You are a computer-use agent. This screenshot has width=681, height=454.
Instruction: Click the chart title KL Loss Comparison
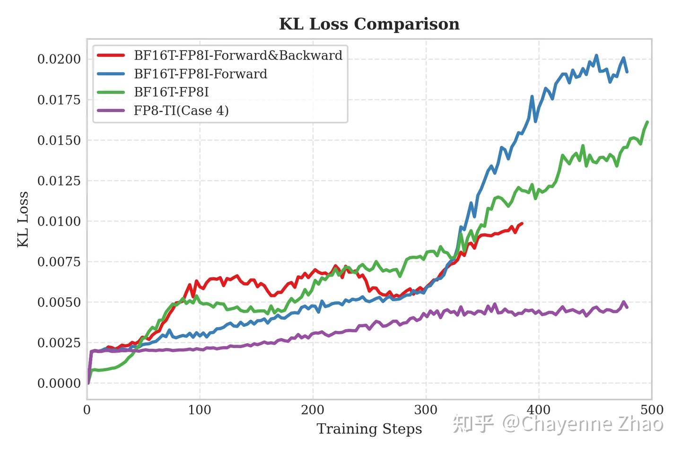click(369, 24)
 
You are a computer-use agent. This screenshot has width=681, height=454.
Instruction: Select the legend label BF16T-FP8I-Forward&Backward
click(238, 55)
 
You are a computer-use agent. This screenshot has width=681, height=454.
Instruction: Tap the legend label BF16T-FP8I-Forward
click(201, 74)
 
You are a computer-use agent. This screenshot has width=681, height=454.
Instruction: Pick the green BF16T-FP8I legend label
click(171, 92)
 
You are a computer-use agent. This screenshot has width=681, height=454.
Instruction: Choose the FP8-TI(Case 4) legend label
click(181, 111)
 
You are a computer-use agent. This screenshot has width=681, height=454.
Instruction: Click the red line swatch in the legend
click(111, 55)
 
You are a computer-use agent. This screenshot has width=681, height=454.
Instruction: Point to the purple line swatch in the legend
click(111, 111)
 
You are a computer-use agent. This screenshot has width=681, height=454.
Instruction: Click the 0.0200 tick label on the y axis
click(59, 59)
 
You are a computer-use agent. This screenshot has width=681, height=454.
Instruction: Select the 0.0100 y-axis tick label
click(59, 221)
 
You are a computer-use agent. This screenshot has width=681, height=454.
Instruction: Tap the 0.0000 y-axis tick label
click(59, 383)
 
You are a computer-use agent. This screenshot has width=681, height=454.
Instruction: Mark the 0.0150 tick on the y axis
click(59, 140)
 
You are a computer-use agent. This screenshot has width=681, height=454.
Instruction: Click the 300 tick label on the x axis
click(426, 410)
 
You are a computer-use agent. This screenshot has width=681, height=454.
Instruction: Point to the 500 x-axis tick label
click(652, 410)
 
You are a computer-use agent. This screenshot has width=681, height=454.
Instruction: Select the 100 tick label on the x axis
click(200, 410)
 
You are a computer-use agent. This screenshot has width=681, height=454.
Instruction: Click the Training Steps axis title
click(369, 429)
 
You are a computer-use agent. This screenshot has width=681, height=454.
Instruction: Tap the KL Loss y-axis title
click(23, 219)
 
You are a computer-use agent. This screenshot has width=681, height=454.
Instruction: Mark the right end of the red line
click(522, 223)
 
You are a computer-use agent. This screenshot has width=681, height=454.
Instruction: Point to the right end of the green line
click(647, 122)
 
